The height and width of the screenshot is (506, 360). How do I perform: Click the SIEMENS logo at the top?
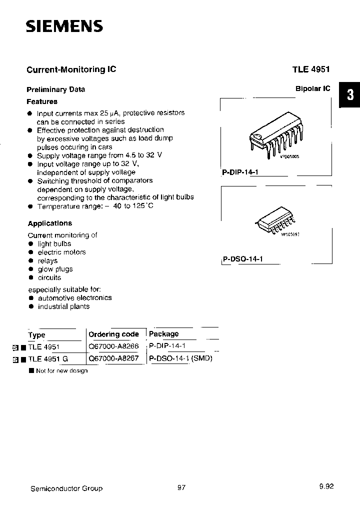point(64,26)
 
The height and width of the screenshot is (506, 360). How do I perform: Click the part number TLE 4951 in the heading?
point(311,70)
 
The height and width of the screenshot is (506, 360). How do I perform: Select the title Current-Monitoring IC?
point(71,69)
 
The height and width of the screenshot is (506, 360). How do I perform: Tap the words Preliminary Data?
point(55,89)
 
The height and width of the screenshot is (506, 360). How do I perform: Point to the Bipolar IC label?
point(312,88)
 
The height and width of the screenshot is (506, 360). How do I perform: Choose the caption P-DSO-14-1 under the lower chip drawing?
point(242,259)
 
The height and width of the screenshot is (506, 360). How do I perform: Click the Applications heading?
point(49,223)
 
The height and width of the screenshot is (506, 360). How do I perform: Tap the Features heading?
point(41,101)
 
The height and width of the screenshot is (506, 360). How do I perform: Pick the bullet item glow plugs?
point(55,269)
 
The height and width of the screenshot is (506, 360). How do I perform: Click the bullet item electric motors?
point(61,252)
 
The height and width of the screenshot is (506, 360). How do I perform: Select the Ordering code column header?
point(113,334)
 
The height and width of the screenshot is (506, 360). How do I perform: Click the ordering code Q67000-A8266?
point(113,346)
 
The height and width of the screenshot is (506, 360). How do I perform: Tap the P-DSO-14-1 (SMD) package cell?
point(181,358)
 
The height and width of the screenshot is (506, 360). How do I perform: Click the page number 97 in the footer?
point(181,488)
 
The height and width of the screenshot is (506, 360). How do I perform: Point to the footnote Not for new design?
point(61,370)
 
